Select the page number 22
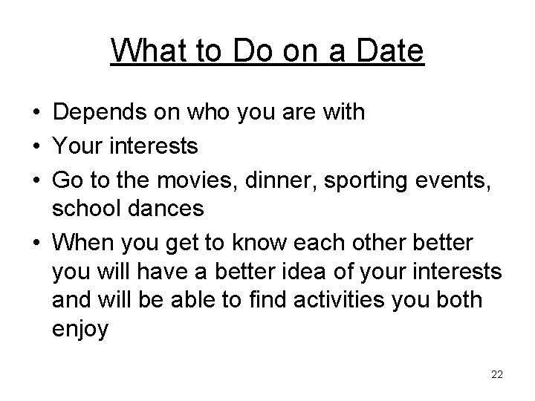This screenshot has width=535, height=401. (497, 374)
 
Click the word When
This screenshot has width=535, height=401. (84, 243)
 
